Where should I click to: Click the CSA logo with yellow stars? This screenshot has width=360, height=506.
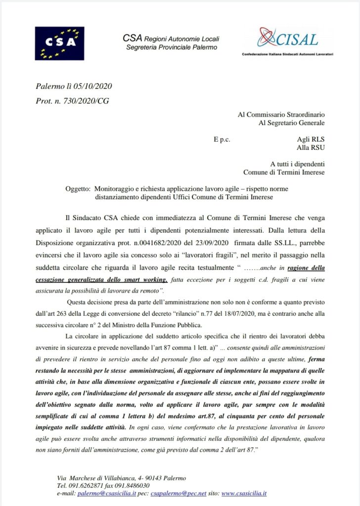pyautogui.click(x=59, y=43)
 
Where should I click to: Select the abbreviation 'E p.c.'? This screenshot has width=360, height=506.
pyautogui.click(x=223, y=140)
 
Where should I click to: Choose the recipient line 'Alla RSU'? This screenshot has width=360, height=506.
pyautogui.click(x=311, y=148)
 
